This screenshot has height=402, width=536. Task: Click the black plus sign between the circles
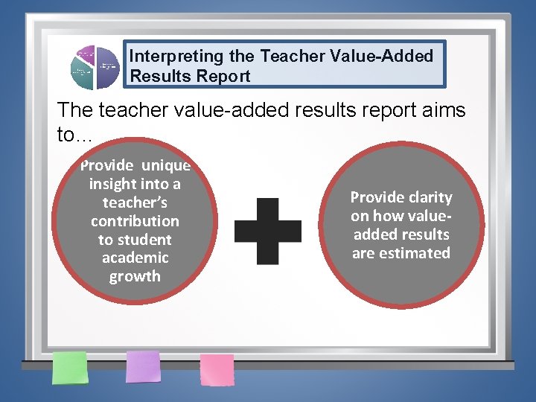tap(268, 231)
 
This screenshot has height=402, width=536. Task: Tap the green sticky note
tap(69, 368)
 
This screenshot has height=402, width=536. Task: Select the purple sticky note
tap(143, 366)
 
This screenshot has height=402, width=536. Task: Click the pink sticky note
tap(217, 369)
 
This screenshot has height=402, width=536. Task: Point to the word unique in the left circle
tap(165, 165)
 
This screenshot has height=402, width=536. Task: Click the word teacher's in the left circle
tap(135, 202)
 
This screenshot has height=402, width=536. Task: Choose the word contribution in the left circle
tap(135, 221)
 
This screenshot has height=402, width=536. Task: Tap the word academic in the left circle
tap(135, 258)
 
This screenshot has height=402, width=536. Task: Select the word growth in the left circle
tap(135, 276)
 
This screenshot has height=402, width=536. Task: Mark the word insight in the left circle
tap(113, 184)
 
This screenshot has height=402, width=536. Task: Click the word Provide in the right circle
tap(376, 197)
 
